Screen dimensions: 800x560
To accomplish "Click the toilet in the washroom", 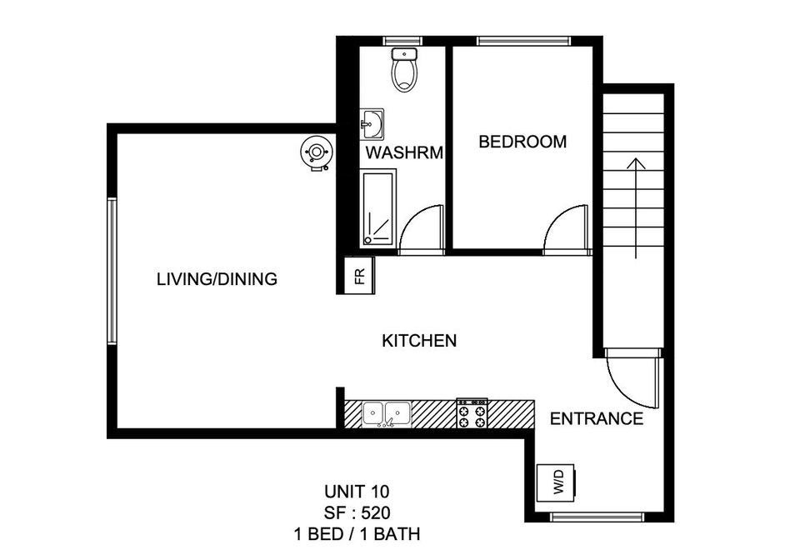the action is pos(405,70).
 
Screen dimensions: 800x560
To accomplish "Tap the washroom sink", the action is pos(372,124).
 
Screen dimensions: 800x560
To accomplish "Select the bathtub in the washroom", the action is pos(378,209).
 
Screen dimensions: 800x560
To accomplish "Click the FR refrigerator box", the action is pos(360,275).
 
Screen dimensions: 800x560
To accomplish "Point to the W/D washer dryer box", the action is pos(557,482).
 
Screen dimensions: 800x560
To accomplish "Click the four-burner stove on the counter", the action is pos(472,413).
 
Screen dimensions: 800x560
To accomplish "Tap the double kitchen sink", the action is pos(386,413).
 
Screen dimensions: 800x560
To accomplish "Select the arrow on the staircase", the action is pos(636,208).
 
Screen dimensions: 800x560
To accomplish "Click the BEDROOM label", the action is pos(522,142).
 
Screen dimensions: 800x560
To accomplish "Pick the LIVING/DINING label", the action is pos(217,279).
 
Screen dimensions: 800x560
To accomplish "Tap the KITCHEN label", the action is pos(419,341).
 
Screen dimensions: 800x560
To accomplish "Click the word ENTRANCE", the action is pos(597,418).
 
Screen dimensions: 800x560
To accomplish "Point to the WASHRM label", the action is pos(404,152).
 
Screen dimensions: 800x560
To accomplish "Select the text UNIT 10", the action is pos(357,492).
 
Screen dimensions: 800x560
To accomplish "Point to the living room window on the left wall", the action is pos(112,271).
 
